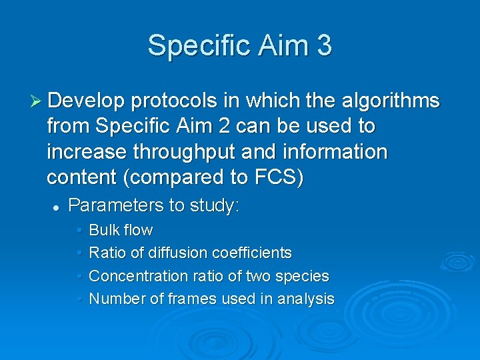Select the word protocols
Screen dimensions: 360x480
(174, 101)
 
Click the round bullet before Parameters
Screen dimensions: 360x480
(57, 207)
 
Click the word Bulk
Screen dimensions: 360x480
(103, 231)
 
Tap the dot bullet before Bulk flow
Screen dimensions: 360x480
(79, 231)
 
